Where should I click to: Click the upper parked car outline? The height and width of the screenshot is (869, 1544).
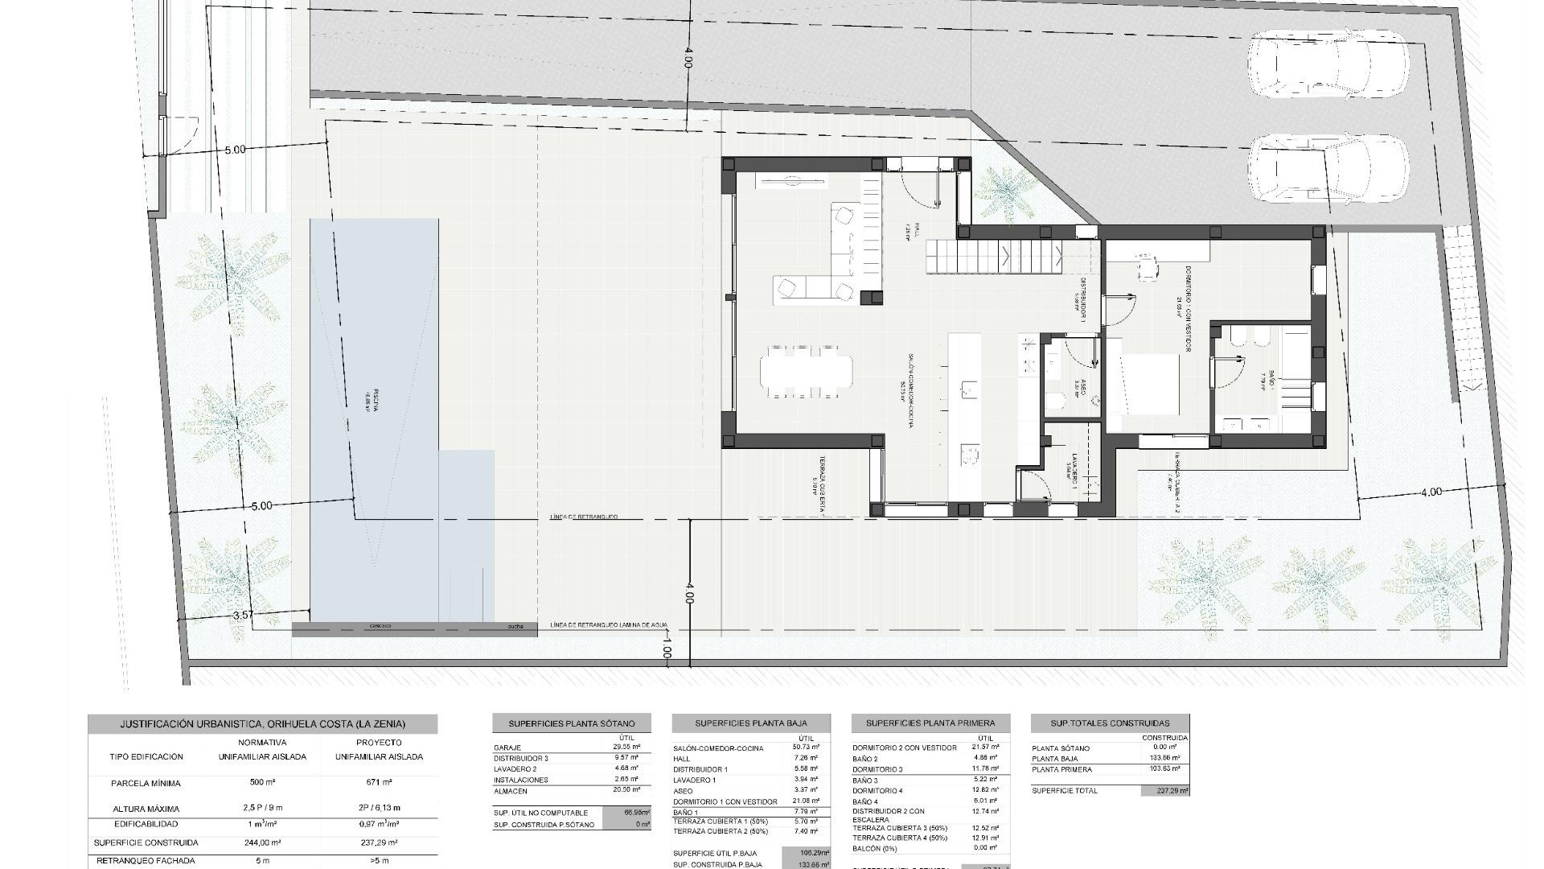click(1328, 66)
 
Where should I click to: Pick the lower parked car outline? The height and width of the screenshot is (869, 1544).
click(1328, 170)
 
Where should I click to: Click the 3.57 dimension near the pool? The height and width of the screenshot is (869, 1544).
click(242, 615)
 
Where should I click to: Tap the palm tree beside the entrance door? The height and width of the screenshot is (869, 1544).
click(1004, 191)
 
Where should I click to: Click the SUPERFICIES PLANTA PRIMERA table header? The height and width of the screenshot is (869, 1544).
click(930, 723)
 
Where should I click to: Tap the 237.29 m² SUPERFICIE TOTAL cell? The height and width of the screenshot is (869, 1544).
click(1164, 791)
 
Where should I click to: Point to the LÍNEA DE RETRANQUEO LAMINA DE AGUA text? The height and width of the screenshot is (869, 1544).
click(609, 625)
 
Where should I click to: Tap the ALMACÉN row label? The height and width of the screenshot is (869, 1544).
click(511, 791)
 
